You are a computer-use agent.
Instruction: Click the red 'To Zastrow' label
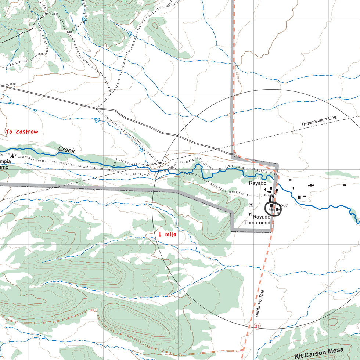pyautogui.click(x=22, y=132)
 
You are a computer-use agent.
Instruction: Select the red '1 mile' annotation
pyautogui.click(x=167, y=234)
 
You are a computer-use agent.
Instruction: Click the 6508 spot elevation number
pyautogui.click(x=282, y=205)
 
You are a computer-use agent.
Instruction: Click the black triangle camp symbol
pyautogui.click(x=13, y=156)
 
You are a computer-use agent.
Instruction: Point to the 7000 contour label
pyautogui.click(x=110, y=5)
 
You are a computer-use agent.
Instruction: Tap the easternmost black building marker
pyautogui.click(x=344, y=185)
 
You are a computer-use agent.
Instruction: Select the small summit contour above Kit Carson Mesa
pyautogui.click(x=333, y=323)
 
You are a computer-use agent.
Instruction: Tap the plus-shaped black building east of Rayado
pyautogui.click(x=311, y=185)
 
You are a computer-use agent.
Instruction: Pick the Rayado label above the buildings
pyautogui.click(x=257, y=183)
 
